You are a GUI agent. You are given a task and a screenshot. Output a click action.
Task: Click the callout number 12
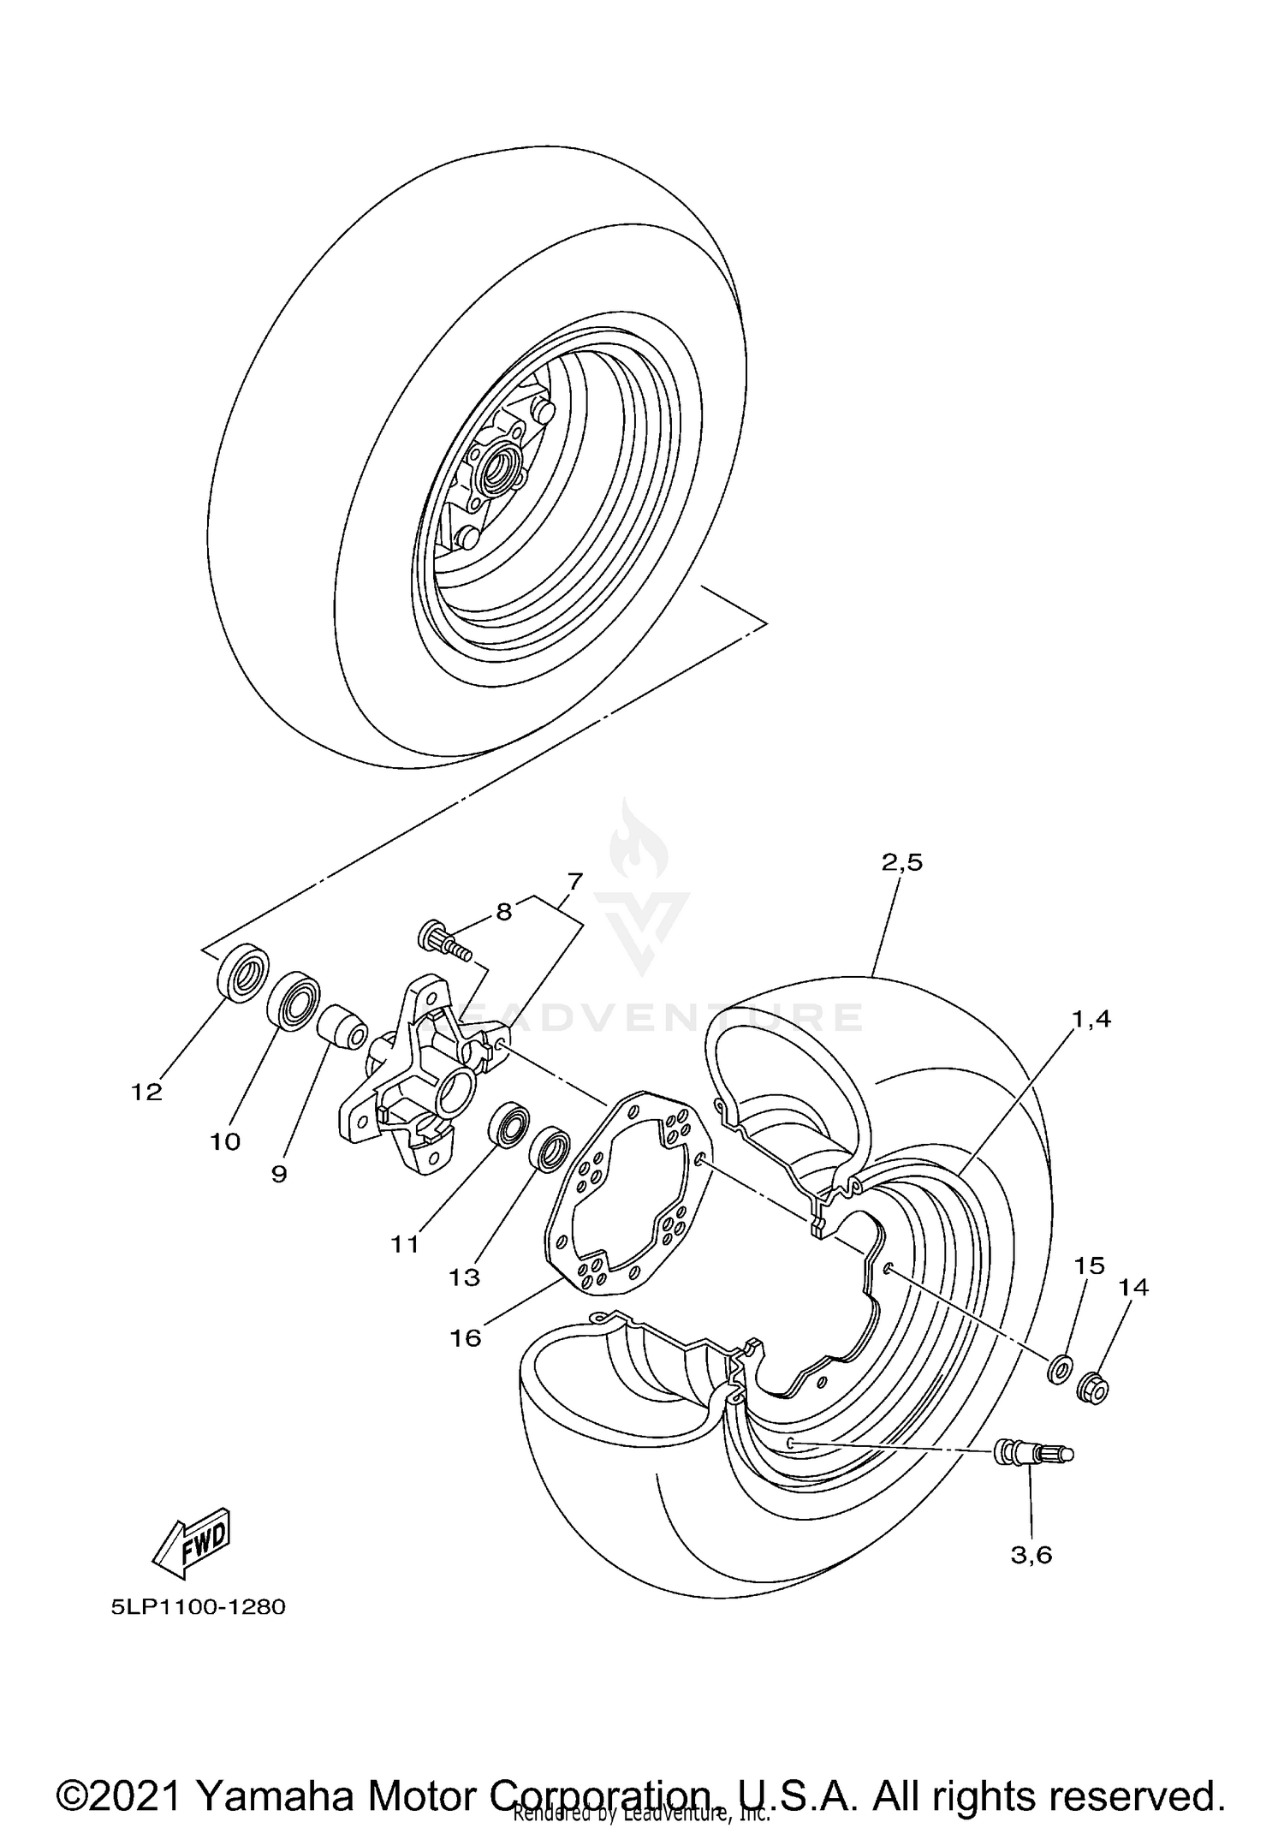(146, 1093)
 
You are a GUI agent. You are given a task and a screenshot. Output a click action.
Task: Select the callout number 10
(226, 1141)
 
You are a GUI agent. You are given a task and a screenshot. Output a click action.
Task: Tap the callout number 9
(279, 1174)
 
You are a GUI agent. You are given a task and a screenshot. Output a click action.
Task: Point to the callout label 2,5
(902, 863)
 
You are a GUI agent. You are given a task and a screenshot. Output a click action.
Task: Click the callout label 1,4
(1092, 1019)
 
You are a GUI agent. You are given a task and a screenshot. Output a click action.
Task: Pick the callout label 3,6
(1031, 1554)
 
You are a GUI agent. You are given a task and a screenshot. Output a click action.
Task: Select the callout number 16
(467, 1337)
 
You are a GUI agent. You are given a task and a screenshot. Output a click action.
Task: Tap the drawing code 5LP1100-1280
(198, 1606)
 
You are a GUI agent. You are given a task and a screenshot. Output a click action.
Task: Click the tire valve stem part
(1031, 1453)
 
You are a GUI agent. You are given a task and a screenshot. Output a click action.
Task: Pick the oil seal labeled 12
(243, 971)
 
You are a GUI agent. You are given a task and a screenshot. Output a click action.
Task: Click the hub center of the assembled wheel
(495, 469)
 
